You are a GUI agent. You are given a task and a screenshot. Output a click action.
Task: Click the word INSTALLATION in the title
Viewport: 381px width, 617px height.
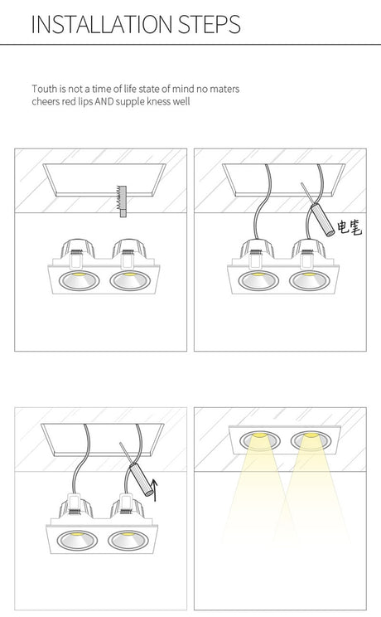click(x=102, y=24)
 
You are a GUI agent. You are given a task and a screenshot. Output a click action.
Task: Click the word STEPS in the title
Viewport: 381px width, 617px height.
click(x=210, y=24)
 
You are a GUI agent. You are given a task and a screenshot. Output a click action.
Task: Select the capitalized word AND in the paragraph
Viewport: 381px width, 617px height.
click(x=104, y=101)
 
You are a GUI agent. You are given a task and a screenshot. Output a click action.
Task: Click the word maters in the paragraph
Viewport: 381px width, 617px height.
click(x=224, y=89)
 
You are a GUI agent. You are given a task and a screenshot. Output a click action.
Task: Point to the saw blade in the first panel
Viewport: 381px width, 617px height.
click(x=123, y=201)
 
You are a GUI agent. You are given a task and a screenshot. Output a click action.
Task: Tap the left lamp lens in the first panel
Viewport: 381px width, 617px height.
click(x=78, y=280)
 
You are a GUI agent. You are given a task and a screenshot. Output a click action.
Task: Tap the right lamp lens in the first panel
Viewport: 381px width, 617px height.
click(x=129, y=280)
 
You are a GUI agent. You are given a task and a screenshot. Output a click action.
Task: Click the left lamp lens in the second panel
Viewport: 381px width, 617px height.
click(x=258, y=280)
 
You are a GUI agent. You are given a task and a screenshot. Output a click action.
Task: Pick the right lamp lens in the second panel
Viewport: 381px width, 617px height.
click(x=309, y=280)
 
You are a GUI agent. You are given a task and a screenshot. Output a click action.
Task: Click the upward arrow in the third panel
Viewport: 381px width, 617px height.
click(x=155, y=490)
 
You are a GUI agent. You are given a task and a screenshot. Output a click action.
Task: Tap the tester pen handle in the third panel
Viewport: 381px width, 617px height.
click(x=141, y=479)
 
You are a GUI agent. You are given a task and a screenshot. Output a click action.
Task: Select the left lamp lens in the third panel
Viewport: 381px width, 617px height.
click(x=77, y=540)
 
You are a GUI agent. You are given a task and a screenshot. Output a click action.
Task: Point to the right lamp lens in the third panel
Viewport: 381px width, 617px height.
click(x=128, y=540)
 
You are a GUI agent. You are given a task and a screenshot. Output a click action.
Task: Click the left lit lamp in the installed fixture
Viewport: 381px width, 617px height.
click(x=259, y=440)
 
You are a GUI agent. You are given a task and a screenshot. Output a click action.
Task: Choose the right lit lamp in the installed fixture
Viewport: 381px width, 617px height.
click(x=311, y=440)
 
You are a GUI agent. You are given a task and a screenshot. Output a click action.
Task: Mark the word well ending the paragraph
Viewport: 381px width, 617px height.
click(x=181, y=101)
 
